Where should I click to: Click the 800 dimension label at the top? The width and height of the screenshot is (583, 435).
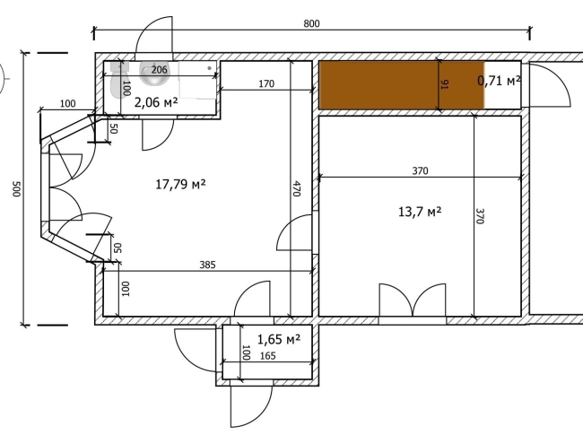click(311, 24)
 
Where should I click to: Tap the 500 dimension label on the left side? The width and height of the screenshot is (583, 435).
click(16, 189)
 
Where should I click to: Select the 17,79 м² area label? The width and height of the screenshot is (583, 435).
click(180, 184)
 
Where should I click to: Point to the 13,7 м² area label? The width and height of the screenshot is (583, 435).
click(420, 212)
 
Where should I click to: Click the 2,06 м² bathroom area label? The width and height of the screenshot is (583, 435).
click(156, 102)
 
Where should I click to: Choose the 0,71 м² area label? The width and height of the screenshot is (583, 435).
click(499, 81)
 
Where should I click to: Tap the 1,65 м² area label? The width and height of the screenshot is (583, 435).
click(279, 339)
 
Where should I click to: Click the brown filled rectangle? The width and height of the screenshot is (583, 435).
click(403, 85)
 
